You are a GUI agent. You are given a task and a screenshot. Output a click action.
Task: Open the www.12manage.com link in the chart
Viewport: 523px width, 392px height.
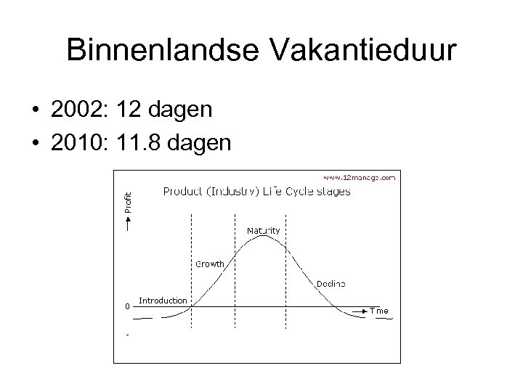tap(359, 176)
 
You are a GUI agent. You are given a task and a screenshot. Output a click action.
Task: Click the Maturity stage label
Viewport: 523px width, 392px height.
tap(263, 230)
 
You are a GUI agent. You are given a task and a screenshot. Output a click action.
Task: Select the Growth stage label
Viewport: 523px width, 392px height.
tap(210, 264)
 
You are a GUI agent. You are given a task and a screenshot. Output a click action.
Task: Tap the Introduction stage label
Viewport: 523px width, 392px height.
tap(163, 300)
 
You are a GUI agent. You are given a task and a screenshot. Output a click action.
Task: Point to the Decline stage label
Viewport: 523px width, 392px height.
tap(331, 282)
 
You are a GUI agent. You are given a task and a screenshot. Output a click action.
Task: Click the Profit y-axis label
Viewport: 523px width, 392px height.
tap(128, 201)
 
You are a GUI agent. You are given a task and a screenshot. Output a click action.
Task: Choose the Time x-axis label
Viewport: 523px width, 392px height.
tap(379, 311)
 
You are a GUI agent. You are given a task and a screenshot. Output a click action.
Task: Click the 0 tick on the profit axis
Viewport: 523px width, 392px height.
tap(127, 306)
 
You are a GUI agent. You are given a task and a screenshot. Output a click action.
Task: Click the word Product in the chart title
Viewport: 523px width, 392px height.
tap(182, 192)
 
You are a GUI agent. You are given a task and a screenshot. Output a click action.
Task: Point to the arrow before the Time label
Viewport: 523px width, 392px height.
tap(360, 310)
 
